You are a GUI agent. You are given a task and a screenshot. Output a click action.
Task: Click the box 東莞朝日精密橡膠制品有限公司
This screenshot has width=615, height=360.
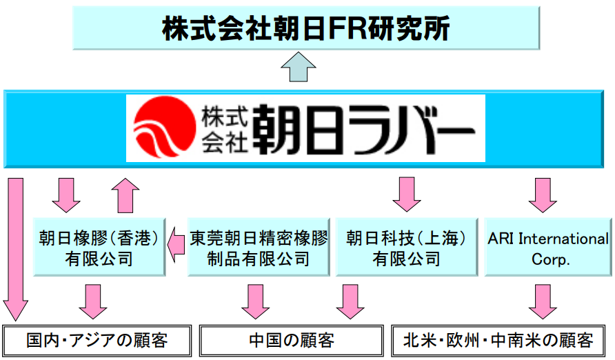(x=259, y=248)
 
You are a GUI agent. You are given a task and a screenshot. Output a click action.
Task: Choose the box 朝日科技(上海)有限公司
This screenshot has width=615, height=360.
(x=406, y=248)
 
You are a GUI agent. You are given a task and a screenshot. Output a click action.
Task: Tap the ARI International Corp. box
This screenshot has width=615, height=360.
(x=548, y=248)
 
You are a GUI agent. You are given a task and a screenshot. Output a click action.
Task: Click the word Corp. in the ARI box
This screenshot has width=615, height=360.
(x=548, y=259)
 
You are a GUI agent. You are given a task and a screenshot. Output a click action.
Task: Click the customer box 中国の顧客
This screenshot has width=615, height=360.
(x=291, y=340)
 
